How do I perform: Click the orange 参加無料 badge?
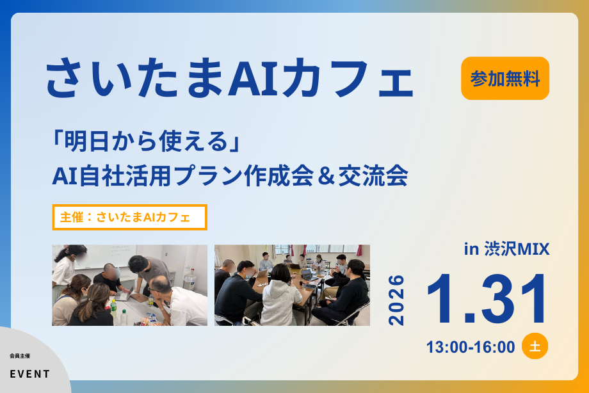(505, 78)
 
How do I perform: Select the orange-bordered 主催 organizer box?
(129, 217)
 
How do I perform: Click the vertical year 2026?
(397, 300)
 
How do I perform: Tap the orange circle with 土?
(535, 346)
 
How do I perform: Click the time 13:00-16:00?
(471, 347)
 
